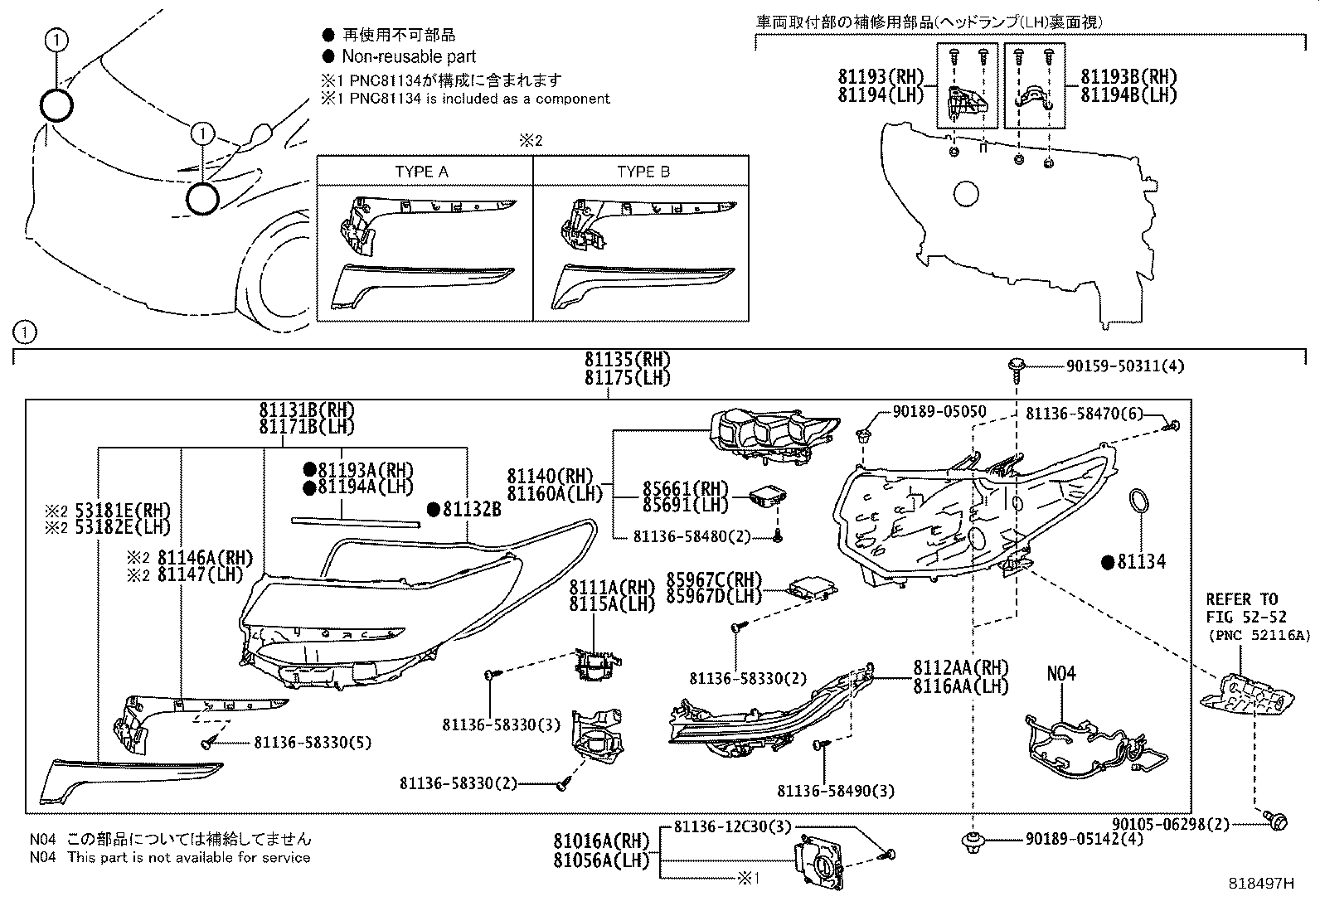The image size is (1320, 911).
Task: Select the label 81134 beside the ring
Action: tap(1141, 562)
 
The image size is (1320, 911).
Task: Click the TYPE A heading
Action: tap(421, 172)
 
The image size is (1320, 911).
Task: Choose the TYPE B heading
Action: tap(643, 172)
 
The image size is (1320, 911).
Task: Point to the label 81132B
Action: tap(471, 510)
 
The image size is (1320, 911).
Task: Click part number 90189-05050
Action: tap(939, 411)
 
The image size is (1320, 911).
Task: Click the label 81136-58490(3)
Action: tap(836, 791)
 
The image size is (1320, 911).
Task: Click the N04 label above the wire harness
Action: tap(1060, 673)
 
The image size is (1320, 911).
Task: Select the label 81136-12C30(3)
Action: tap(732, 826)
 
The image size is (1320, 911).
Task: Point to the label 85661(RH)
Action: tap(685, 488)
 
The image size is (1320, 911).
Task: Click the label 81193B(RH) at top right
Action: tap(1128, 77)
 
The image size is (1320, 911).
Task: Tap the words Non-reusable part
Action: tap(409, 56)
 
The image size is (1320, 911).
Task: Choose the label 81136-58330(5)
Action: tap(313, 743)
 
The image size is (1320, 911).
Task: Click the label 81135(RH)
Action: tap(626, 360)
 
